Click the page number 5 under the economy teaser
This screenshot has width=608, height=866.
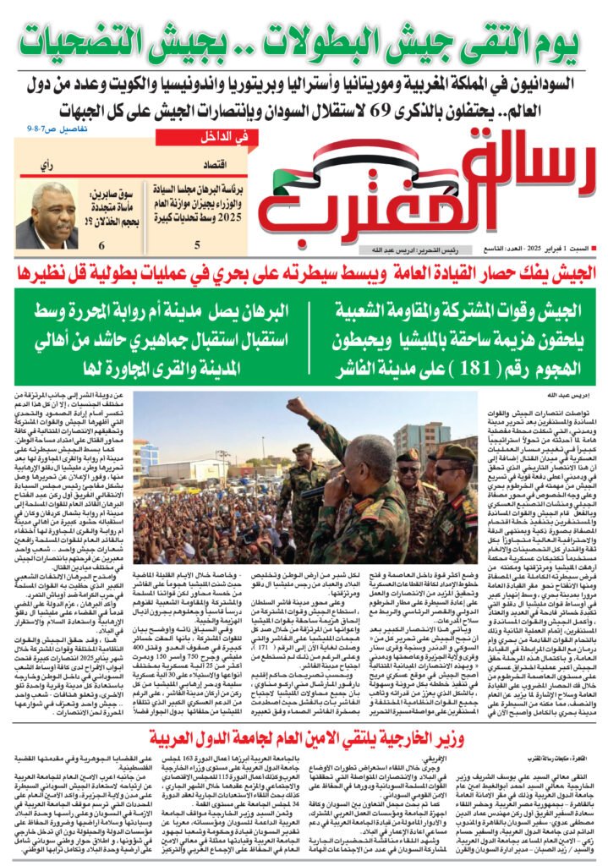[x=197, y=245]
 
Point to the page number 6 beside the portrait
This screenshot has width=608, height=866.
[x=102, y=245]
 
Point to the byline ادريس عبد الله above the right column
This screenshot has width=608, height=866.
[x=572, y=395]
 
